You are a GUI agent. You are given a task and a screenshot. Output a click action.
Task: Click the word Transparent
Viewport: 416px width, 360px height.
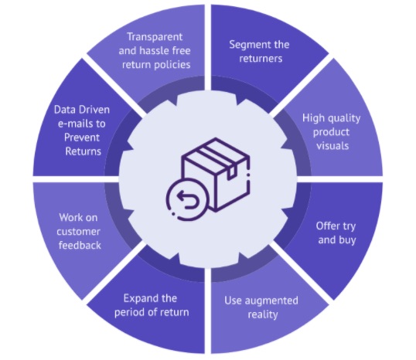(x=155, y=37)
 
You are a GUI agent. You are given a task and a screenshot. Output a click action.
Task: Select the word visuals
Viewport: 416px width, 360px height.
(x=332, y=146)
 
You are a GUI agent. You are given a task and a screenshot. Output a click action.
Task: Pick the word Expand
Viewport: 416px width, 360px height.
(x=139, y=299)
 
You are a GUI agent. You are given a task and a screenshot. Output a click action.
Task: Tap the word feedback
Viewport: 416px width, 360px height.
(x=80, y=245)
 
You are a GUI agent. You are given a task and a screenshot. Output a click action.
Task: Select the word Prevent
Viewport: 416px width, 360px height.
(x=82, y=138)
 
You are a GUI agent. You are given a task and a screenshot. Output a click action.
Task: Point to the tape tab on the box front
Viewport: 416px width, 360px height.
(x=231, y=172)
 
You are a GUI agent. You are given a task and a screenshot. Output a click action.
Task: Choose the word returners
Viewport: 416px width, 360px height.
(x=261, y=58)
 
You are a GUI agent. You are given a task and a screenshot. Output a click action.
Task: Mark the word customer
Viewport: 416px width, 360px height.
(x=78, y=232)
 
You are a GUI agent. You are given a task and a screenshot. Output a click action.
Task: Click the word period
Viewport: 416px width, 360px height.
(x=129, y=313)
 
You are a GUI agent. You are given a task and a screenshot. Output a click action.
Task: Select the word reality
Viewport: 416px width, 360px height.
(x=263, y=315)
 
